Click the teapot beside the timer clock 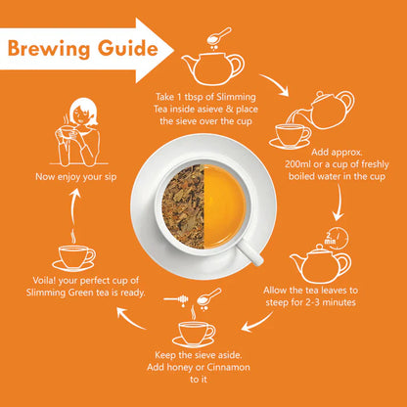[315, 261]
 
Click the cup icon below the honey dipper [195, 330]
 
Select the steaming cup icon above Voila [74, 253]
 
